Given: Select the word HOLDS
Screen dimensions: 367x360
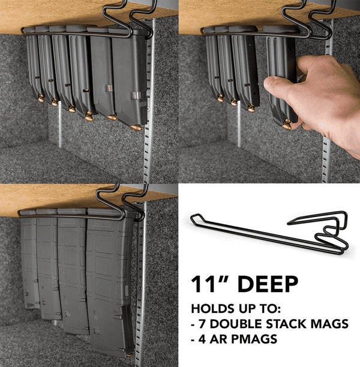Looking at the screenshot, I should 211,309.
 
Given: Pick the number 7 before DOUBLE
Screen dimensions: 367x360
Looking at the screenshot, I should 203,324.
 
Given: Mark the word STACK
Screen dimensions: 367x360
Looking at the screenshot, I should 284,324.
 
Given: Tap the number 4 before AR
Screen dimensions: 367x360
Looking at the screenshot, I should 203,339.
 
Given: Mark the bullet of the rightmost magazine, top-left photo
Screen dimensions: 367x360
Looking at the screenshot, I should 136,127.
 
